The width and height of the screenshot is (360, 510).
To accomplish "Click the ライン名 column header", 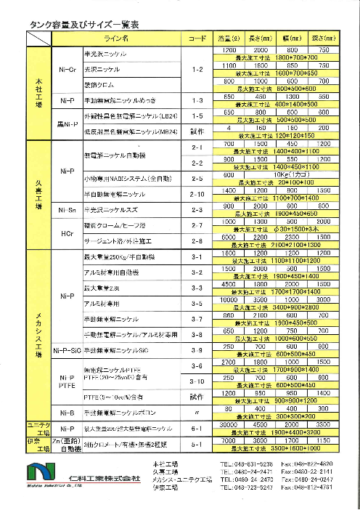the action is coord(117,36).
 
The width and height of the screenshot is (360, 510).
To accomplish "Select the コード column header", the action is coord(197,36).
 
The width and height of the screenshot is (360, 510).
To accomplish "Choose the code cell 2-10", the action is coord(197,194).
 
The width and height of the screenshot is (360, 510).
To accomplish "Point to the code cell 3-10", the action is coord(197,381).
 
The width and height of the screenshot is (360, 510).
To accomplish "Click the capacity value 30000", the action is coord(229,425).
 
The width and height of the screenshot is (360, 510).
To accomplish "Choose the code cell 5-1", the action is coord(197,444).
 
